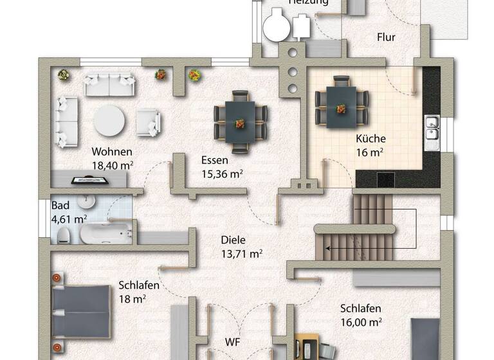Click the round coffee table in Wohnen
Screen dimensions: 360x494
tap(110, 120)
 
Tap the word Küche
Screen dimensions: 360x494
tap(370, 139)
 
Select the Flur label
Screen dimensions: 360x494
tap(386, 37)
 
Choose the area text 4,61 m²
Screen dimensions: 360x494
tap(69, 219)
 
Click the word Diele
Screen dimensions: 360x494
tap(233, 240)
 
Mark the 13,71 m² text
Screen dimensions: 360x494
tap(241, 253)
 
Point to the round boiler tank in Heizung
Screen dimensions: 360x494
tap(278, 26)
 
